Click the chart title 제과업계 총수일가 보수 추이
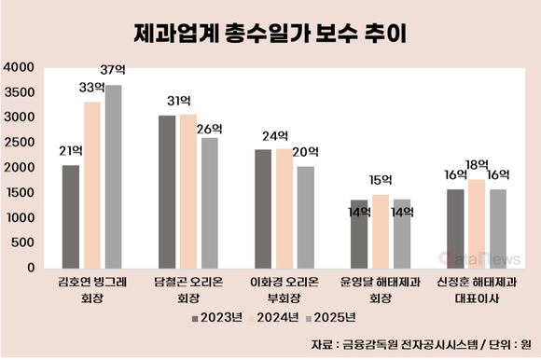[x=270, y=34]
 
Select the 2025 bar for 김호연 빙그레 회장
[x=113, y=176]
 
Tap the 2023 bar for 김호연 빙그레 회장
[x=71, y=216]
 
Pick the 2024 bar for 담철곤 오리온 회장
[x=188, y=191]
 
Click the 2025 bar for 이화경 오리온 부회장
[x=305, y=216]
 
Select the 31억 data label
[x=177, y=101]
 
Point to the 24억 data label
[x=273, y=134]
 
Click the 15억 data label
[x=381, y=179]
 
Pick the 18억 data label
[x=478, y=165]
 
